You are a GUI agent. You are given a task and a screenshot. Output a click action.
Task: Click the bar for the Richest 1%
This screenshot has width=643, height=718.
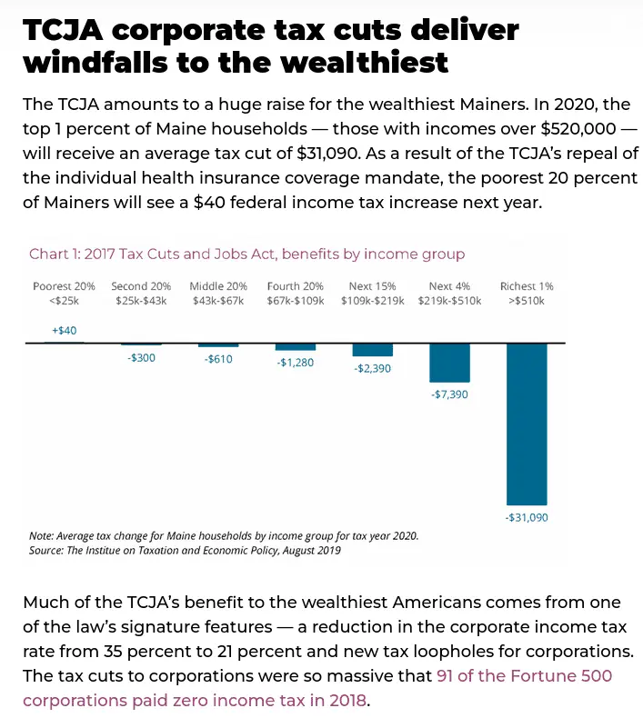[527, 424]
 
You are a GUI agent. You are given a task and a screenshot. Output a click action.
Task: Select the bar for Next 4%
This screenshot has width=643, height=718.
[449, 363]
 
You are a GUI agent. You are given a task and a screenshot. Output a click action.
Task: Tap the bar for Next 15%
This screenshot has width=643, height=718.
[372, 350]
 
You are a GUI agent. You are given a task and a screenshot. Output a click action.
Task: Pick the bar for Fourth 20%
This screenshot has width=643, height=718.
[296, 347]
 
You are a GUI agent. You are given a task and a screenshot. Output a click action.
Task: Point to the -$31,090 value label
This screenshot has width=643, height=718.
[527, 517]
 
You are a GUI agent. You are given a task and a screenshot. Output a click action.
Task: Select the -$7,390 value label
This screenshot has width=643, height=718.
[449, 394]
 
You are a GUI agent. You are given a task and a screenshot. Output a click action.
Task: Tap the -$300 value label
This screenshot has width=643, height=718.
[141, 359]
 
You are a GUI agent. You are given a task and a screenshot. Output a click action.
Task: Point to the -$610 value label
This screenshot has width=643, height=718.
[218, 360]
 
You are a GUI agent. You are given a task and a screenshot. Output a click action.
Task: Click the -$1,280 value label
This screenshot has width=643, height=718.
[296, 364]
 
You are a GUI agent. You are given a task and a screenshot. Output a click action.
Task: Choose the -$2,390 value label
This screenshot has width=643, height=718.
[372, 369]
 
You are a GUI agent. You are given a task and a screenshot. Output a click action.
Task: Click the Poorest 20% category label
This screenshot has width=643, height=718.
[64, 286]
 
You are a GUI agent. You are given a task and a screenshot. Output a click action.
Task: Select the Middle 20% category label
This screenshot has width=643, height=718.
[218, 286]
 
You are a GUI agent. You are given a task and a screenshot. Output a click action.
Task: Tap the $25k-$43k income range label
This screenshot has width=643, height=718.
[141, 300]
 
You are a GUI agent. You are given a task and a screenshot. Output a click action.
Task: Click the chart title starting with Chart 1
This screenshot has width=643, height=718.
[246, 254]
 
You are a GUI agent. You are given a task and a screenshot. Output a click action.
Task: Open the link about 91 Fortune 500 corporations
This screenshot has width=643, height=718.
[316, 688]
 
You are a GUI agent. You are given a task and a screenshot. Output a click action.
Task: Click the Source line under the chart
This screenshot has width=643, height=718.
[185, 551]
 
